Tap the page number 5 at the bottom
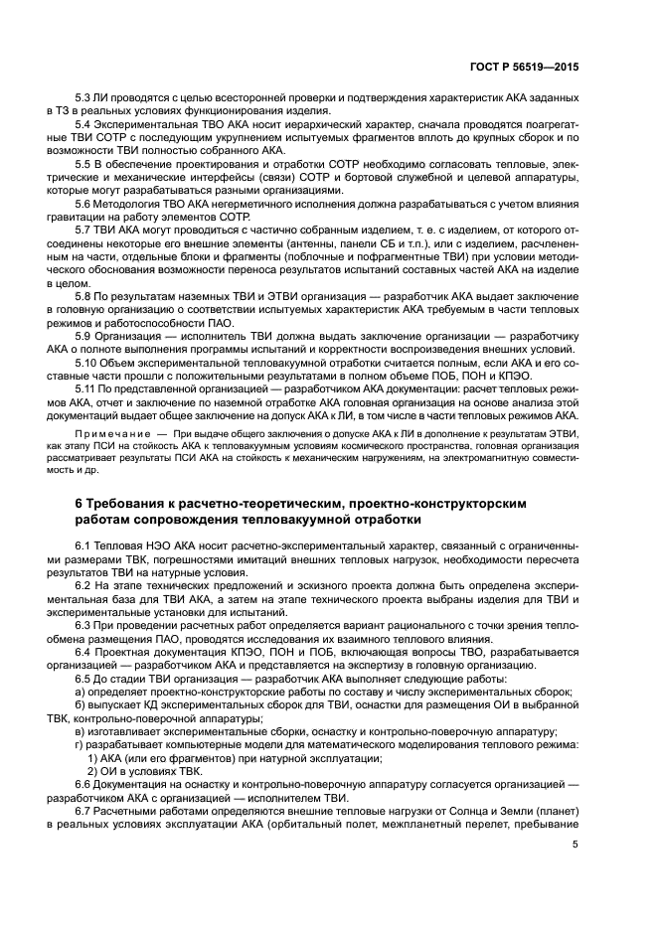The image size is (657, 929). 575,846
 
